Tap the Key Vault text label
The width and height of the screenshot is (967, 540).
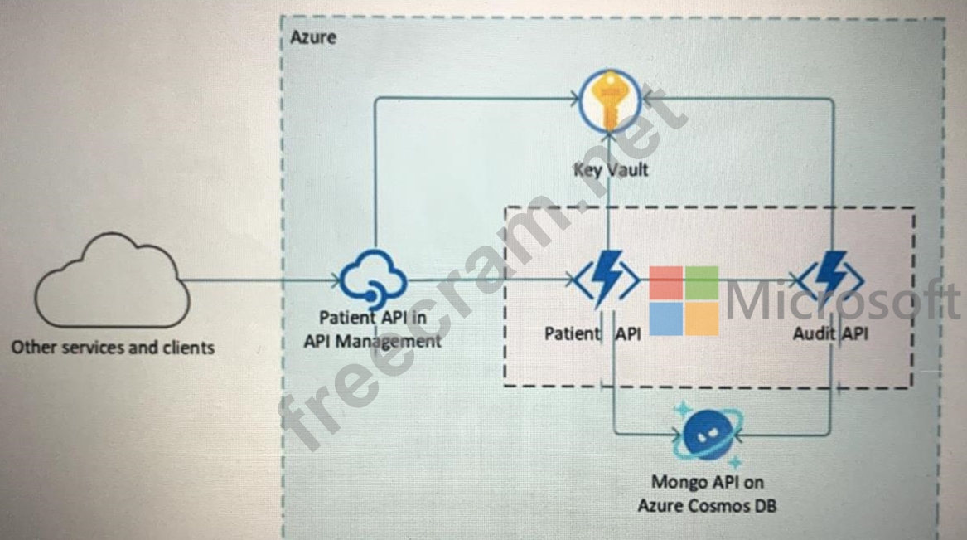611,170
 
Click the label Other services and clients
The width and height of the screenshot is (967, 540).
113,347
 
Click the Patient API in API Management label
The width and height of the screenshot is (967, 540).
373,329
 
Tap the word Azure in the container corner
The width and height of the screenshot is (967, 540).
313,37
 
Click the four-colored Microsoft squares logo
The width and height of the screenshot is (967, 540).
684,300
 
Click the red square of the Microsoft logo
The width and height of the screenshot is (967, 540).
665,282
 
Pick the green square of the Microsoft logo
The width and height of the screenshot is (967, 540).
702,282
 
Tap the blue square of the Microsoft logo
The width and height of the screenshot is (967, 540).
665,319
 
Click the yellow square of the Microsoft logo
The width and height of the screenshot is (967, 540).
702,319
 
